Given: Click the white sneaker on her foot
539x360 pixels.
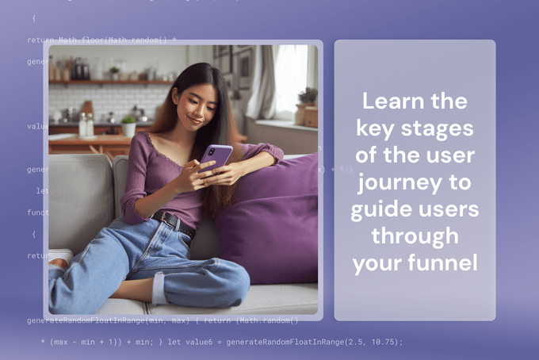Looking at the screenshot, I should point(59,259).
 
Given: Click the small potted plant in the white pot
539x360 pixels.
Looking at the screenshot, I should point(128,127).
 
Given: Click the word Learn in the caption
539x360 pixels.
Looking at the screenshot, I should point(388,101).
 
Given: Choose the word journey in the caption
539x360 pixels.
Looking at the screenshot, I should point(389,182).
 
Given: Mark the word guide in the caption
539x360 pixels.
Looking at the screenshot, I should point(381,209).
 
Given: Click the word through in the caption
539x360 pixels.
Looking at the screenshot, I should point(415,236).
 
